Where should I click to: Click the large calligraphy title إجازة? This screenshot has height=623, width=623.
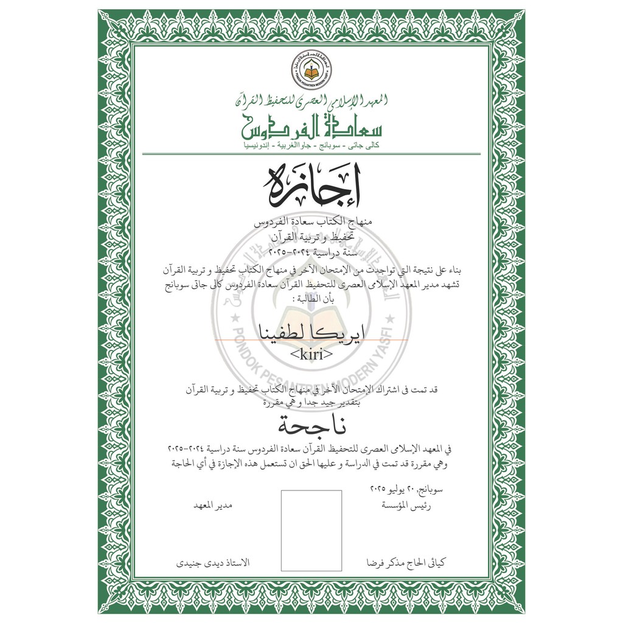[311, 184]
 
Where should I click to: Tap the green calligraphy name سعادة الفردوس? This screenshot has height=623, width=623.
[311, 126]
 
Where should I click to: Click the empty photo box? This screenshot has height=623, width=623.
[311, 531]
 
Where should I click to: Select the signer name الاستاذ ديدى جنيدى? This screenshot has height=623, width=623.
[209, 564]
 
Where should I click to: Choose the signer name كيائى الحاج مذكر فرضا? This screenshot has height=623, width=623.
[408, 564]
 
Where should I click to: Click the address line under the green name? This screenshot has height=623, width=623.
[311, 146]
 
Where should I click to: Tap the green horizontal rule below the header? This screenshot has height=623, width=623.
[311, 154]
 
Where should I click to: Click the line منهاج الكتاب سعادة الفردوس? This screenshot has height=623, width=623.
[311, 224]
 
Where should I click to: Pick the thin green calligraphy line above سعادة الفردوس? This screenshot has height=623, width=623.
[311, 100]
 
